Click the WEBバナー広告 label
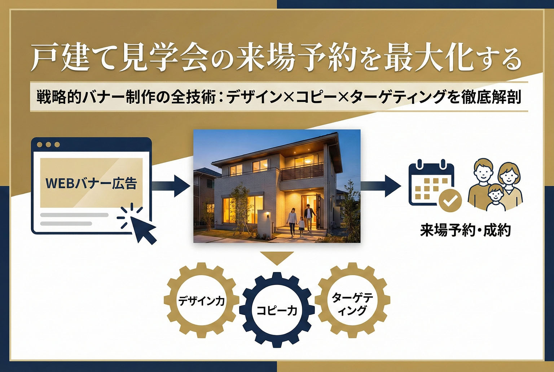(x=91, y=183)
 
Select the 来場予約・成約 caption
(x=465, y=230)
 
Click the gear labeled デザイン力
(x=202, y=300)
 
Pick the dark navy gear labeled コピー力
(x=277, y=310)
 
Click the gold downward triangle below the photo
(x=277, y=258)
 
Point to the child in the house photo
(x=301, y=226)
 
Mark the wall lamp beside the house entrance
(x=268, y=216)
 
